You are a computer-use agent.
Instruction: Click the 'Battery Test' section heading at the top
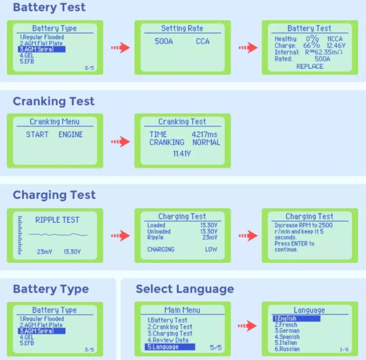[x=49, y=8]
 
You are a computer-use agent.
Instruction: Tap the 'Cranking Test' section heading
[x=54, y=101]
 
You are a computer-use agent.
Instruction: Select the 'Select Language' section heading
[x=185, y=289]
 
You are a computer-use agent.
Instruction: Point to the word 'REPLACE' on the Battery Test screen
[x=310, y=66]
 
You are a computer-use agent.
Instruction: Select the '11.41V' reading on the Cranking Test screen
[x=182, y=153]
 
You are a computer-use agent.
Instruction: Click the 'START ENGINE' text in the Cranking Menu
[x=54, y=134]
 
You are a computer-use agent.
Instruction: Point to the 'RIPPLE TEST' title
[x=57, y=220]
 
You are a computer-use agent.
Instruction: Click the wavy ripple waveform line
[x=57, y=235]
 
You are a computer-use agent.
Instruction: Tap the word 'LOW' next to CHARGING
[x=211, y=249]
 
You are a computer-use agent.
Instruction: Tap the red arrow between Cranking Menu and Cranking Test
[x=120, y=142]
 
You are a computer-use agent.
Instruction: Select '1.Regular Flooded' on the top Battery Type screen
[x=42, y=38]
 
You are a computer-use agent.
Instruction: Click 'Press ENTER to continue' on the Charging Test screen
[x=294, y=246]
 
